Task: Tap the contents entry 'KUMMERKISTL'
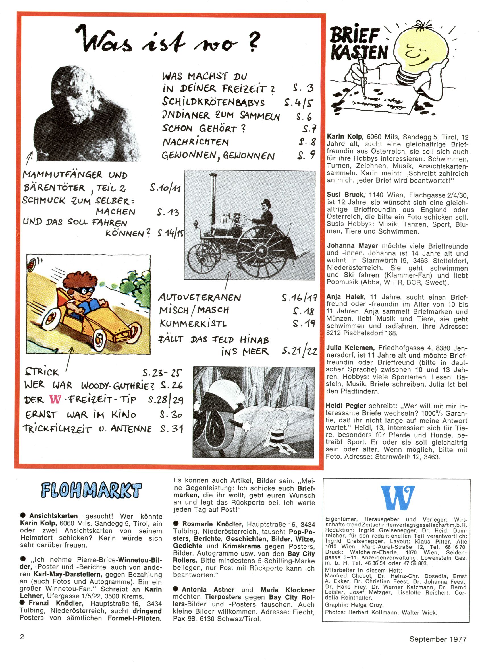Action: tap(193, 324)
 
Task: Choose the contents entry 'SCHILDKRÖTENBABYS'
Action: tap(213, 102)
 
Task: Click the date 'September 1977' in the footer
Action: tap(438, 639)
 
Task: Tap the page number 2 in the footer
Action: tap(22, 637)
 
